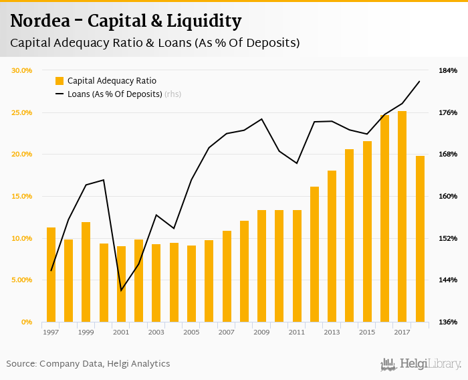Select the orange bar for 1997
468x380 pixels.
51,274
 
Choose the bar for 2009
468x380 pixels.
262,266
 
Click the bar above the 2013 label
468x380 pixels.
332,246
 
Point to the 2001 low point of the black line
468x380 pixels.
121,290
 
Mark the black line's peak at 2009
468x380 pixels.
262,119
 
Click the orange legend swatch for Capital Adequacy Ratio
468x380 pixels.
60,81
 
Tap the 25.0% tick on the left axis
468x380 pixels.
22,112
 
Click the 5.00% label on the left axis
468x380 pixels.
22,280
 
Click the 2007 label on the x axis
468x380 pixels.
226,332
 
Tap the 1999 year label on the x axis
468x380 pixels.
86,332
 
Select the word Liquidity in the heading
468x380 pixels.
206,21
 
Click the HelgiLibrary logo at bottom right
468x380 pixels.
421,364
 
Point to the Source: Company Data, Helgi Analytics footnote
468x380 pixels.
88,364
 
